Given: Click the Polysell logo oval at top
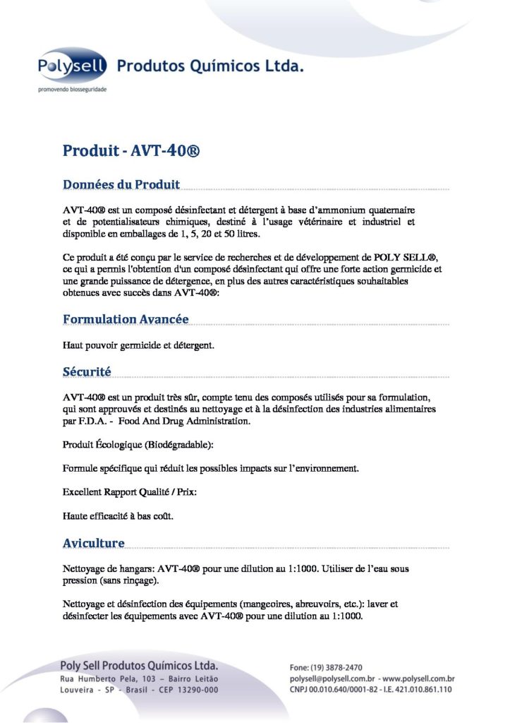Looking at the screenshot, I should [72, 68].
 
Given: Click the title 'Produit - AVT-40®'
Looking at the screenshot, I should [133, 151].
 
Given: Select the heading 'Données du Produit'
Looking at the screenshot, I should [121, 185].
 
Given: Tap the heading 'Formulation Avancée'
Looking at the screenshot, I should [126, 319].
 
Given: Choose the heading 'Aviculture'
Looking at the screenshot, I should [94, 543].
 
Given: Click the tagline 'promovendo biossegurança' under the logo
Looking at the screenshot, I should [72, 90].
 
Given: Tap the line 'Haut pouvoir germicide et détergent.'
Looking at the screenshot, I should [138, 346].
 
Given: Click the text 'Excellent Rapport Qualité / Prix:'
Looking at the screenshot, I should [130, 491].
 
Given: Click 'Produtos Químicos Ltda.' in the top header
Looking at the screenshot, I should [210, 67].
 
